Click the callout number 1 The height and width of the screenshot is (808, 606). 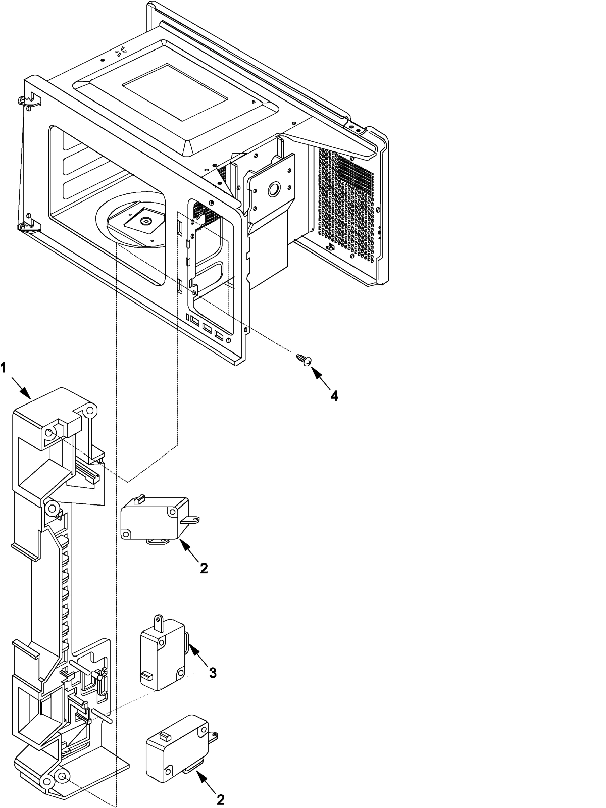pyautogui.click(x=4, y=368)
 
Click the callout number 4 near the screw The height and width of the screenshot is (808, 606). pyautogui.click(x=334, y=396)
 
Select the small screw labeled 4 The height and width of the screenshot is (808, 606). pyautogui.click(x=304, y=359)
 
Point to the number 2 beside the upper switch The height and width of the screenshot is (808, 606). pyautogui.click(x=204, y=568)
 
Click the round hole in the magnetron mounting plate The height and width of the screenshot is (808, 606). pyautogui.click(x=274, y=189)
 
